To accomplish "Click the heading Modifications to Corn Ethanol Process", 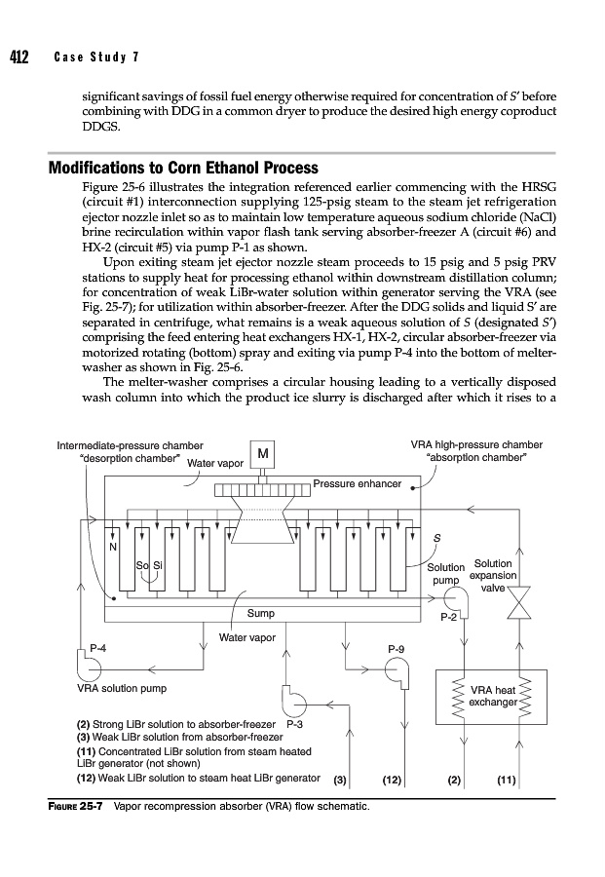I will (183, 168).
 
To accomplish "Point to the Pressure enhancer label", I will (357, 483).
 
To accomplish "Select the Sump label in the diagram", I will (260, 614).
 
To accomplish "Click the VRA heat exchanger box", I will (491, 695).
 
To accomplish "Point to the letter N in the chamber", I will (113, 547).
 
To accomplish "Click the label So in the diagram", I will (141, 566).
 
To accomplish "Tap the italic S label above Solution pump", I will (436, 539).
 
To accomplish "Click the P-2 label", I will (449, 616).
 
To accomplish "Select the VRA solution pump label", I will (121, 688).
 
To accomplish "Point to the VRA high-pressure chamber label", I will (477, 445).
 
